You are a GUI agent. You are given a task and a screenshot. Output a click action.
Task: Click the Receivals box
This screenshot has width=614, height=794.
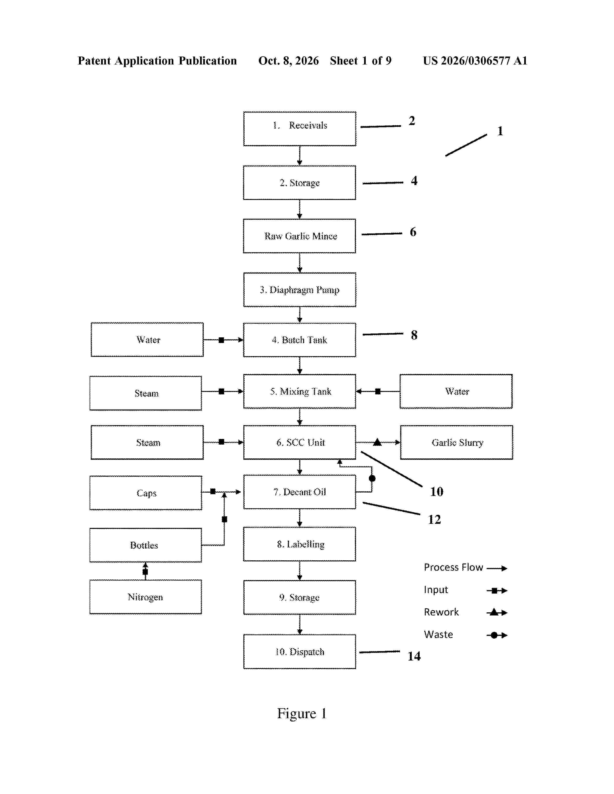tap(300, 129)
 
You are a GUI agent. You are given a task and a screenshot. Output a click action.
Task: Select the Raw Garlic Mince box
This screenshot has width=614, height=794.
tap(300, 236)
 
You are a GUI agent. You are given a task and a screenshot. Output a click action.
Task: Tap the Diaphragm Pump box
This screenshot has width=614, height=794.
tap(300, 290)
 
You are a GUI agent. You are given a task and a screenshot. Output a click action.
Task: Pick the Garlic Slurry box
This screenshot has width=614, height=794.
tap(457, 442)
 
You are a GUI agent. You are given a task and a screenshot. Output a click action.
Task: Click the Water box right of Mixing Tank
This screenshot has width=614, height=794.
tap(456, 391)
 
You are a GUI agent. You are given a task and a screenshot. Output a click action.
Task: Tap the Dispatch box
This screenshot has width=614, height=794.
tap(300, 652)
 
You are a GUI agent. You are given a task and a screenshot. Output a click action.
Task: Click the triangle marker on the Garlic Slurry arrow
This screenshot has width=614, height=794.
tap(377, 442)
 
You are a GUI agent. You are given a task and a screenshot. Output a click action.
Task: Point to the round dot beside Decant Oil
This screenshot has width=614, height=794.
tap(372, 478)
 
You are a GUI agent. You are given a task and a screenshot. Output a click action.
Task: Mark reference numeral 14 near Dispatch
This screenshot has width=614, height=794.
tap(414, 656)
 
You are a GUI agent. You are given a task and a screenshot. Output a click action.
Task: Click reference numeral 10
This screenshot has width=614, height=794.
tap(437, 492)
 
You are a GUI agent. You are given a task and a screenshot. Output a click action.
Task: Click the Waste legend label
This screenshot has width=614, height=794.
tap(438, 634)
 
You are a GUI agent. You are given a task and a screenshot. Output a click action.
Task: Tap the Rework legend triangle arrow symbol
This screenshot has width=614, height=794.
tap(497, 613)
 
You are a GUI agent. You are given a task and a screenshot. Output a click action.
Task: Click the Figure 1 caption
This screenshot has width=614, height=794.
tap(302, 714)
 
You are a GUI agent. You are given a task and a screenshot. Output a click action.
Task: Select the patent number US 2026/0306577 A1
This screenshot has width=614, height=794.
tap(475, 61)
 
